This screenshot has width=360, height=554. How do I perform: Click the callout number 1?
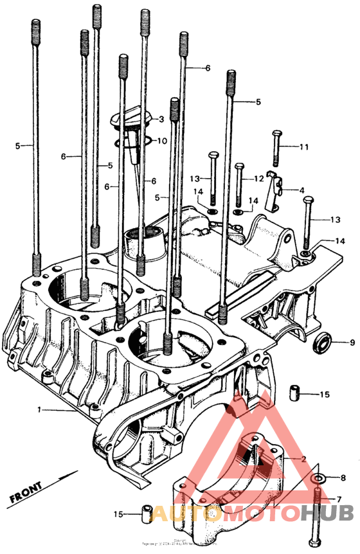tap(39, 409)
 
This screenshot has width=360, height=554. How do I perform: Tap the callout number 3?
tap(161, 119)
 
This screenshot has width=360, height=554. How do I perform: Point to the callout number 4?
tap(301, 190)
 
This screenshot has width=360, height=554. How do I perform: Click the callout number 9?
tap(352, 341)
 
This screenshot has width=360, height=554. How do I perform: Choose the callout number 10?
tap(161, 140)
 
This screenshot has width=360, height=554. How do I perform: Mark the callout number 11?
tap(303, 147)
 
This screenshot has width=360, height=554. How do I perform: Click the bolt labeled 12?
tap(239, 183)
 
